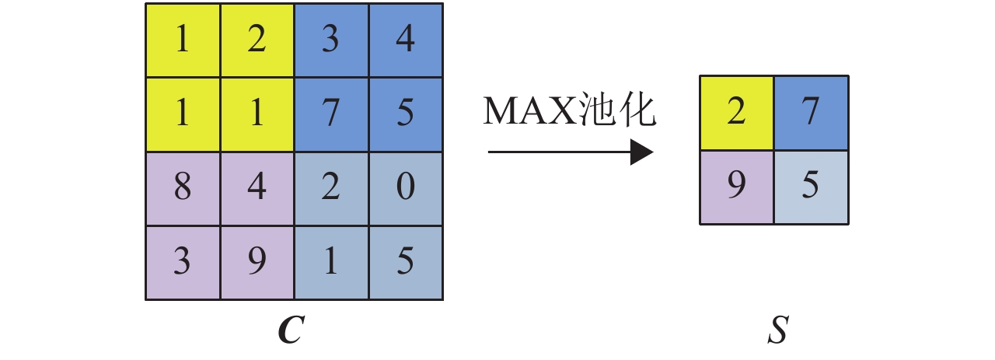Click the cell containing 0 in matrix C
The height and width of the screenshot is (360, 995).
pos(406,188)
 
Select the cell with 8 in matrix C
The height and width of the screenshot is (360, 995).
pos(183,188)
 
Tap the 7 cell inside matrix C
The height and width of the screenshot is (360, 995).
pos(332,114)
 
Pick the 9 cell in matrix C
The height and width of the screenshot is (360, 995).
pos(257,263)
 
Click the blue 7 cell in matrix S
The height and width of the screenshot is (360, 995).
pos(811,113)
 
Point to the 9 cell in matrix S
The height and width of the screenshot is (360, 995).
pos(736,187)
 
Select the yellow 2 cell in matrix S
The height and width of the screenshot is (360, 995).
pos(736,113)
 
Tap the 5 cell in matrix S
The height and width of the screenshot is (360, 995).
pos(811,187)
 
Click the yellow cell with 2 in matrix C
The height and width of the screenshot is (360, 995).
pos(257,40)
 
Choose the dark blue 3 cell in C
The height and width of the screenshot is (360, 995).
pos(332,40)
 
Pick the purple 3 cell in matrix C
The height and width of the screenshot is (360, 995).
pos(183,263)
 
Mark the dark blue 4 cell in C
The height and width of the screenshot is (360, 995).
pos(406,40)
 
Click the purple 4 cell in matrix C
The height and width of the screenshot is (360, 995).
pos(257,188)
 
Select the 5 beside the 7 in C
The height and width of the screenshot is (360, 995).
pos(406,114)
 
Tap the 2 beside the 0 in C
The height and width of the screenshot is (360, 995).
pos(332,188)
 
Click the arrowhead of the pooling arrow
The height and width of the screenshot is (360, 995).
pos(641,152)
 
